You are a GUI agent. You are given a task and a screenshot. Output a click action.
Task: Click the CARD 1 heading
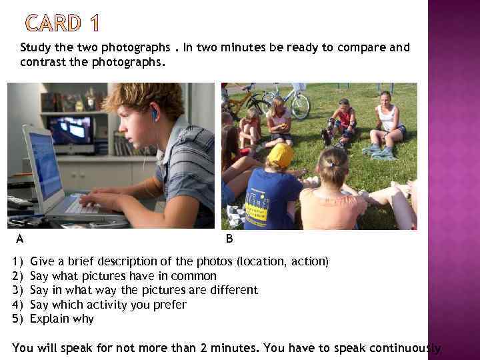61,23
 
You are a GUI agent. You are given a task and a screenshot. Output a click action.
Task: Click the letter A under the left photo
20,238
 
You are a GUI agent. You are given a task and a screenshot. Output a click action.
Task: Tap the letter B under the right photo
229,238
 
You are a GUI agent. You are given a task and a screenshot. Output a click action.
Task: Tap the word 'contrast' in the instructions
41,61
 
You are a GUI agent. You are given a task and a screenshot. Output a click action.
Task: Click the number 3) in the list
18,290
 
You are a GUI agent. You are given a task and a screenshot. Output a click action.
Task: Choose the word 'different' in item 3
229,290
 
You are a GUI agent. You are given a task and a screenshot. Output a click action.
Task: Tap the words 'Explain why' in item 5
63,319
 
